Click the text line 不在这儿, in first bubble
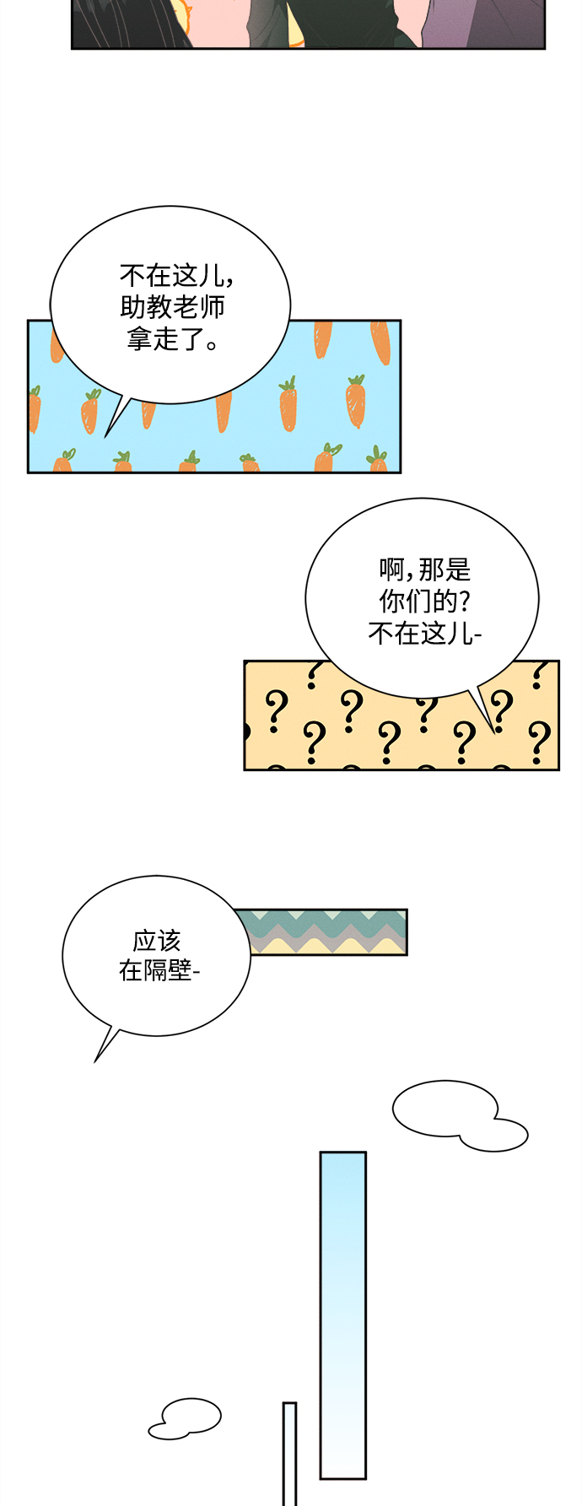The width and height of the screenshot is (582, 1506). pyautogui.click(x=175, y=276)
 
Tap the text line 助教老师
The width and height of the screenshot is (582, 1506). pyautogui.click(x=173, y=307)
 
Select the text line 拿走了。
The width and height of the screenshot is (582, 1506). pyautogui.click(x=173, y=339)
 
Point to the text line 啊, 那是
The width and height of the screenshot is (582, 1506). pyautogui.click(x=424, y=570)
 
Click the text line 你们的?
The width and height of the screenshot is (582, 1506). pyautogui.click(x=424, y=602)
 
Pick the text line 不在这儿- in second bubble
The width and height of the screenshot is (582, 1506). pyautogui.click(x=424, y=633)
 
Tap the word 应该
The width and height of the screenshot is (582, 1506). pyautogui.click(x=157, y=940)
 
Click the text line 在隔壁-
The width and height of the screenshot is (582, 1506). pyautogui.click(x=159, y=970)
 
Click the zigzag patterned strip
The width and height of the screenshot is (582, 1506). pyautogui.click(x=329, y=932)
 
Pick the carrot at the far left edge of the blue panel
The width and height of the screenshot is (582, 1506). pyautogui.click(x=35, y=409)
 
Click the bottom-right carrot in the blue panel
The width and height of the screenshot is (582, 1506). pyautogui.click(x=377, y=462)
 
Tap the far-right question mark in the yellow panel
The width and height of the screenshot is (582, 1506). pyautogui.click(x=539, y=741)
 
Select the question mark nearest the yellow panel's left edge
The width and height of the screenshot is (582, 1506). pyautogui.click(x=274, y=710)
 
